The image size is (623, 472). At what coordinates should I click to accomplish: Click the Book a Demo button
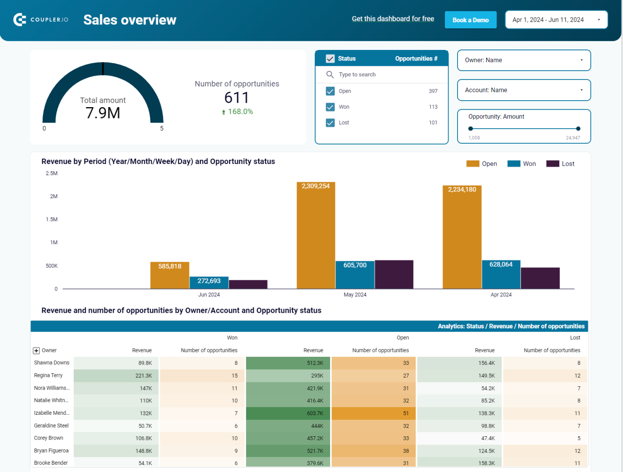(x=470, y=20)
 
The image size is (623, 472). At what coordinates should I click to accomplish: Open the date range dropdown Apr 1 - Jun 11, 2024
(x=556, y=20)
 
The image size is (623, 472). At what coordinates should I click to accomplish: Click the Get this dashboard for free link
(x=393, y=19)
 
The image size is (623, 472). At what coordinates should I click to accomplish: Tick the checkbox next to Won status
(x=330, y=107)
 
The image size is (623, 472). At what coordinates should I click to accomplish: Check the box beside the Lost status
(x=330, y=123)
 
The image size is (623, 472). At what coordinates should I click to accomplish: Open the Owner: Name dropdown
(x=524, y=60)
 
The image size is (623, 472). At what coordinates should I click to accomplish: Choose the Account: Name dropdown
(x=524, y=90)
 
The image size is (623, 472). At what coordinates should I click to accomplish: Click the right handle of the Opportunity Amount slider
(x=578, y=129)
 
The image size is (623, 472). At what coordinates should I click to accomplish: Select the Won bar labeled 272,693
(x=209, y=282)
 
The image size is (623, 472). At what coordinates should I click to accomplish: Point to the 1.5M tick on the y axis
(x=52, y=220)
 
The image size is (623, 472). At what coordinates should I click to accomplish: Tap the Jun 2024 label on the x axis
(x=209, y=295)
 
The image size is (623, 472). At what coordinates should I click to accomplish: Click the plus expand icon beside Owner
(x=37, y=351)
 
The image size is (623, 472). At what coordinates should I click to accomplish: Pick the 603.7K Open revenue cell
(x=288, y=413)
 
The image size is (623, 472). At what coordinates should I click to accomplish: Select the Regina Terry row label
(x=48, y=375)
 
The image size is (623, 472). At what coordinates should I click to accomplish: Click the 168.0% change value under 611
(x=240, y=112)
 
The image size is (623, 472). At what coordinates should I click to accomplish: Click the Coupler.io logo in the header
(x=41, y=19)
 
